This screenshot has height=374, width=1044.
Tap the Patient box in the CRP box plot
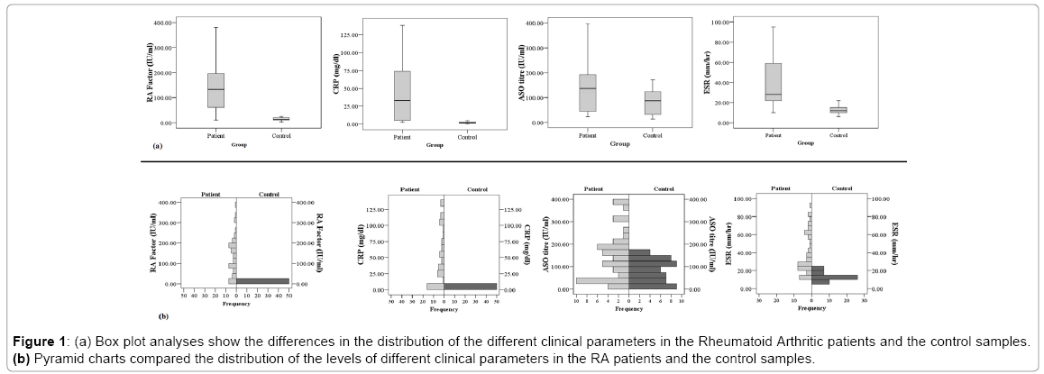[402, 95]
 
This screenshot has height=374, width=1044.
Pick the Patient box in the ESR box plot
[773, 81]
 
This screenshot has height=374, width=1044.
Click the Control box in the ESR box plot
[838, 110]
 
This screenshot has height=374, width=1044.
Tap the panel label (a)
[158, 145]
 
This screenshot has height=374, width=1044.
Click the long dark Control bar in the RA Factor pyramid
[262, 281]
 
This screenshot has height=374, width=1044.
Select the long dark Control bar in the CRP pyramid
[470, 287]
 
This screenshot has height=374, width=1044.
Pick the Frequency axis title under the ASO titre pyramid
[628, 309]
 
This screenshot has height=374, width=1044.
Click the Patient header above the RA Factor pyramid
[208, 195]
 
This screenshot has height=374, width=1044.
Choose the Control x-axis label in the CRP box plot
[467, 136]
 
